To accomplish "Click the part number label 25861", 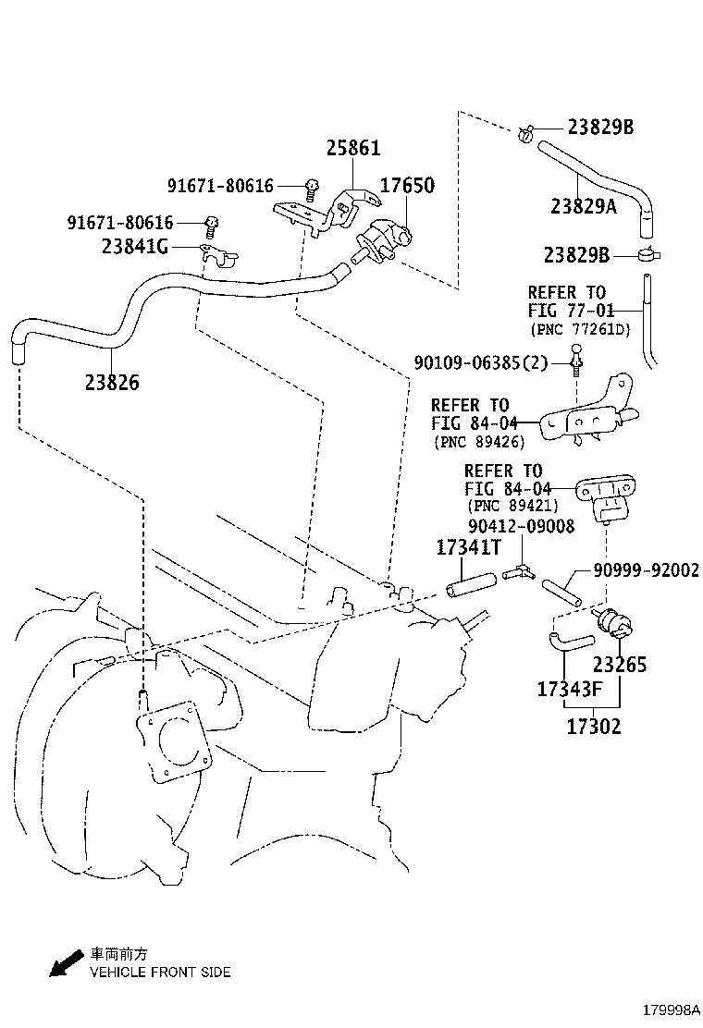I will point(352,148).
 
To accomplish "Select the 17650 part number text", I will point(407,185).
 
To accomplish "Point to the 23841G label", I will point(135,247).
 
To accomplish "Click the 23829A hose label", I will point(583,207).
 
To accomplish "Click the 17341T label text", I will point(468,548).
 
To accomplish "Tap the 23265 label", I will point(620,665).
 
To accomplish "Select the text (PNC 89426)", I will point(478,442).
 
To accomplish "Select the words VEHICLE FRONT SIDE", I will point(160,972).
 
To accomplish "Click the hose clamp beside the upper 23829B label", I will point(527,135).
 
